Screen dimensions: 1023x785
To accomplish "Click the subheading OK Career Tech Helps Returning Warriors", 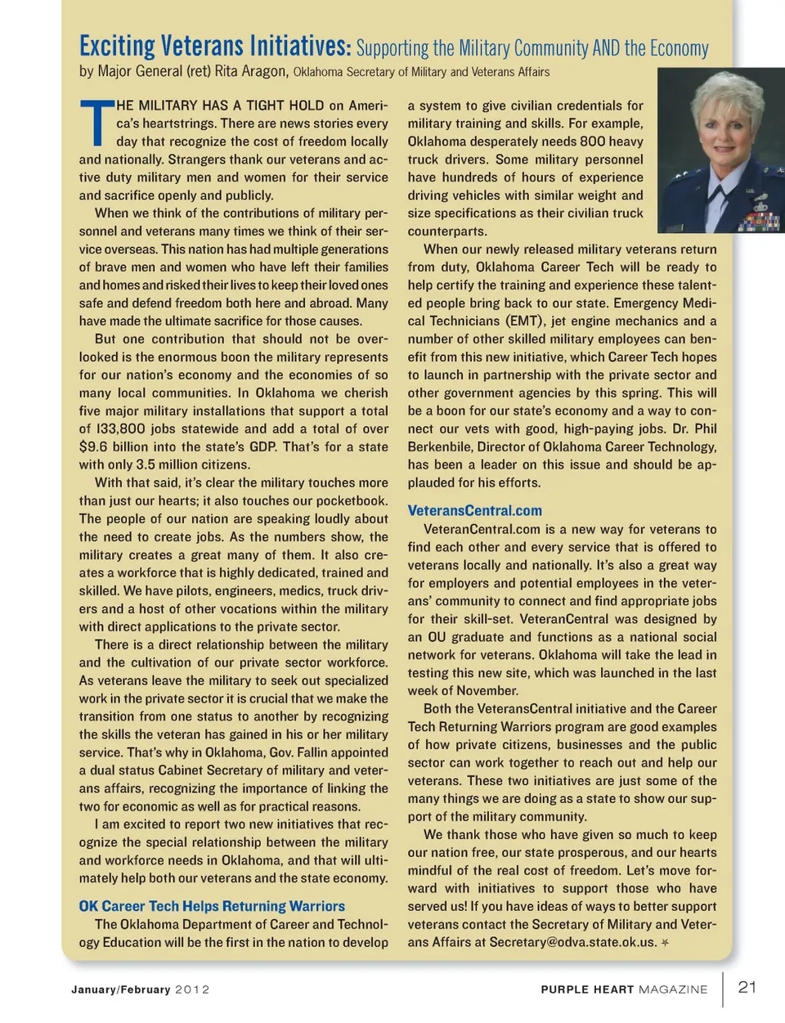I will click(212, 906).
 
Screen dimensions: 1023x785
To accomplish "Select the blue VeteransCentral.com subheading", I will click(474, 510).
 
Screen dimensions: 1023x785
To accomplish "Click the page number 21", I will click(747, 986).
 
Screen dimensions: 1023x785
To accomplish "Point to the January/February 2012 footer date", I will click(140, 989).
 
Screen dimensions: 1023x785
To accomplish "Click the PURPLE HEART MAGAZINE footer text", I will click(624, 989).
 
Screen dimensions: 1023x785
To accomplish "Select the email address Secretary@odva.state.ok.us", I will click(572, 942).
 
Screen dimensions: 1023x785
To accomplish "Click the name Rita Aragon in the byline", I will click(251, 71).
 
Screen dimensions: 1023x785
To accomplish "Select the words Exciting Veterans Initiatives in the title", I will click(215, 46).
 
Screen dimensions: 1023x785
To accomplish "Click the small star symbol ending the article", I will click(666, 942).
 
